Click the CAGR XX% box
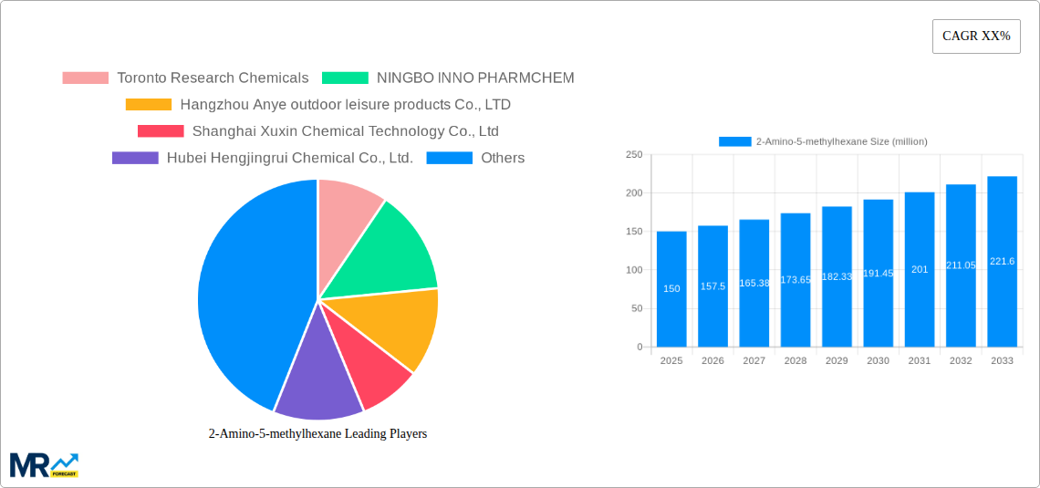tap(976, 36)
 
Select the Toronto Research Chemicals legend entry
tap(213, 78)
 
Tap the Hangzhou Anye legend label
tap(345, 105)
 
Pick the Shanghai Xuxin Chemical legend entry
tap(345, 131)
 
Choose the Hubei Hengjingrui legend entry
tap(289, 158)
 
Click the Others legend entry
tap(502, 158)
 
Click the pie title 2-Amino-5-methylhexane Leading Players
tap(317, 434)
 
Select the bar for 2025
tap(671, 288)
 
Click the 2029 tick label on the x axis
tap(837, 361)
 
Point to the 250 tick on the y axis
tap(633, 155)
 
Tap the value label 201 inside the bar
tap(919, 269)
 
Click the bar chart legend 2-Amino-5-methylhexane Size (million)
tap(823, 141)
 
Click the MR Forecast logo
tap(44, 465)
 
